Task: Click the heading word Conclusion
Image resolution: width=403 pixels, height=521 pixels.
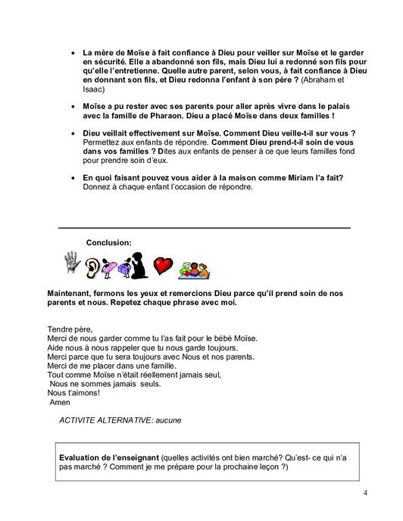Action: pos(109,242)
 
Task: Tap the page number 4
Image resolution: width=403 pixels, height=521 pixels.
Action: pos(366,495)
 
